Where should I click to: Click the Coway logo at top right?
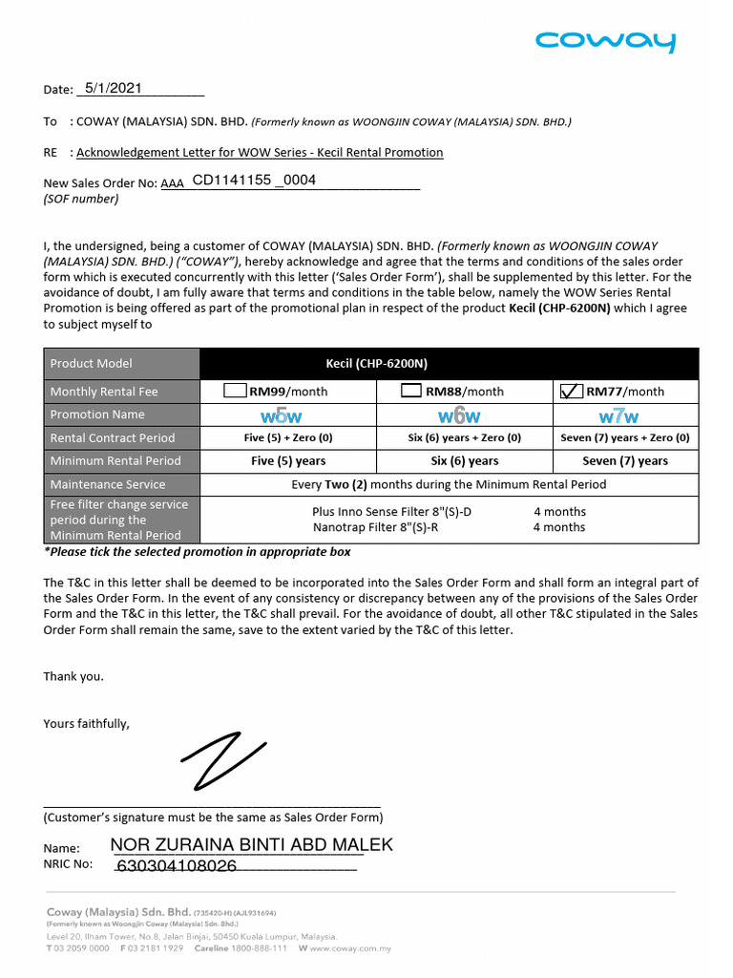tap(605, 42)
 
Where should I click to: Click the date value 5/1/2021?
tap(114, 88)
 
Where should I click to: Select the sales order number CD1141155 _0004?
tap(254, 180)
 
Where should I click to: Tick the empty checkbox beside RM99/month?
tap(235, 391)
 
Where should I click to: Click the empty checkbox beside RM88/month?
tap(410, 391)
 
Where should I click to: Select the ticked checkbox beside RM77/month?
tap(571, 391)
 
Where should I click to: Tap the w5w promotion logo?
tap(282, 416)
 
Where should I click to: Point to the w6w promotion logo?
tap(459, 416)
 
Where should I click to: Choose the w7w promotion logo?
tap(618, 416)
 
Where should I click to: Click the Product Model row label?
tap(92, 363)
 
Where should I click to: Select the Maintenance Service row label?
tap(108, 484)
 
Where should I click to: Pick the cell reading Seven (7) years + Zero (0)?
tap(625, 437)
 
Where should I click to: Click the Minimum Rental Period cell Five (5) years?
tap(288, 460)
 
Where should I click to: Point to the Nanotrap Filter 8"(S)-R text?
tap(391, 527)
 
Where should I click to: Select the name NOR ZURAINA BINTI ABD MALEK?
tap(252, 845)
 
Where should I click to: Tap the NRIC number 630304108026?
tap(177, 866)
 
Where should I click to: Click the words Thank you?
tap(73, 676)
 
